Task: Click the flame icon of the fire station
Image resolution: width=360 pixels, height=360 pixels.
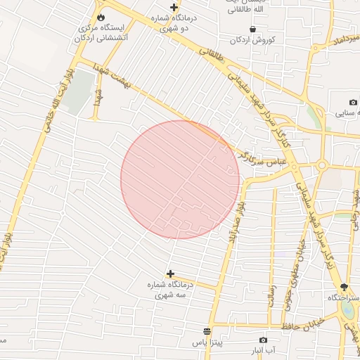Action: [x=101, y=17]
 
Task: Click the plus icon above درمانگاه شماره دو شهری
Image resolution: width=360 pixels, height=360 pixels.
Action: [x=174, y=8]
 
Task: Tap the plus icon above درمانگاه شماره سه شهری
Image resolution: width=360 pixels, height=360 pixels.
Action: [x=170, y=273]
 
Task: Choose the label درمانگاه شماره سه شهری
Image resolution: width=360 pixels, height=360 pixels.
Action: [x=171, y=291]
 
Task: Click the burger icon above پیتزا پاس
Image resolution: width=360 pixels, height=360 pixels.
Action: [x=207, y=331]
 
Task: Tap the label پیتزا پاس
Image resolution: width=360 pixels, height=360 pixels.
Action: [x=207, y=344]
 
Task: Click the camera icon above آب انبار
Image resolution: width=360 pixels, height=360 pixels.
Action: [x=263, y=340]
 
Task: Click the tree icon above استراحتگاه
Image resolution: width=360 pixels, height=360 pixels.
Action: [x=344, y=287]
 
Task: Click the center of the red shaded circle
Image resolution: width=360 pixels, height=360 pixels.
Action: [x=180, y=179]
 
